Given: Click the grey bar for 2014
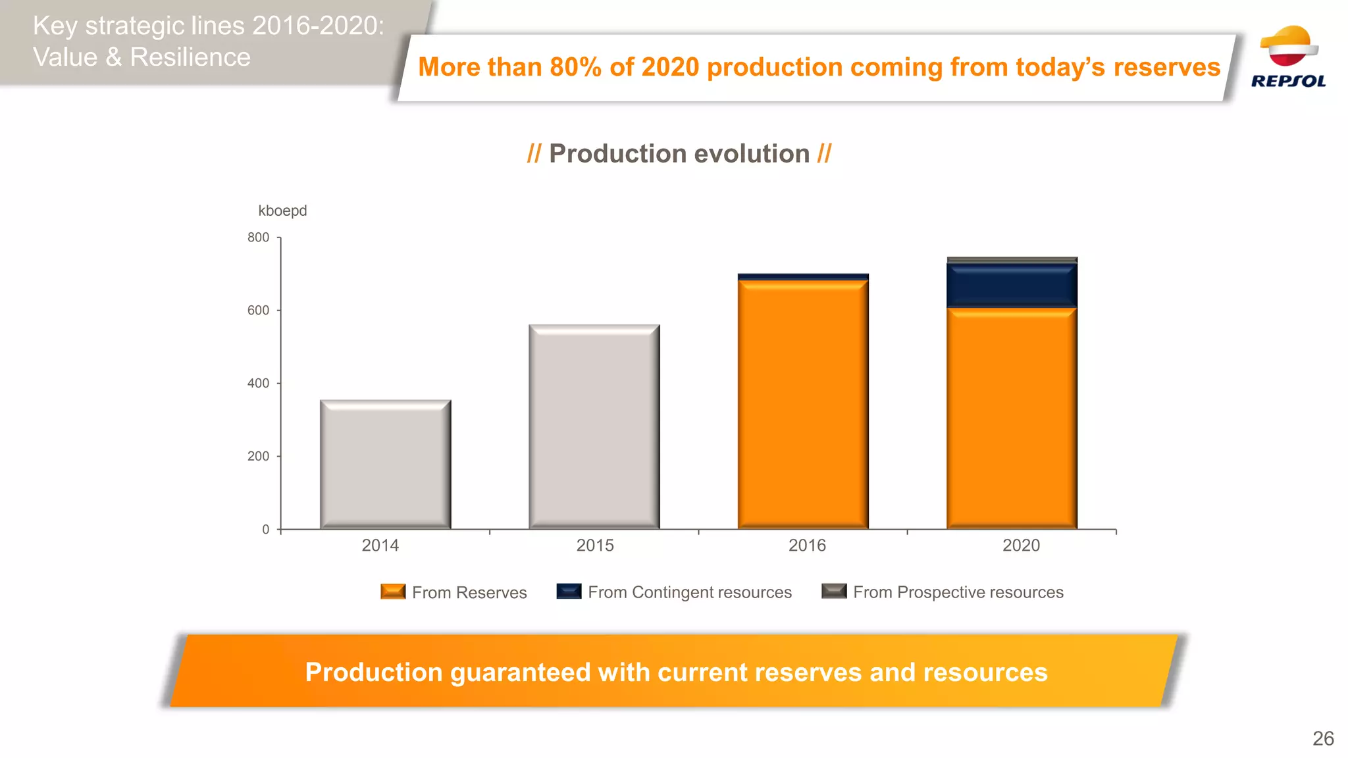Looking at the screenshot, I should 385,464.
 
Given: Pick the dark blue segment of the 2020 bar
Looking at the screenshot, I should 1012,286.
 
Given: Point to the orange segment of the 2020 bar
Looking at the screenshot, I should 1012,418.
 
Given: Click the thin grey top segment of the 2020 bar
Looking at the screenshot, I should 1012,260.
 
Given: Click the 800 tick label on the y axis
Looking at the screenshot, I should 258,238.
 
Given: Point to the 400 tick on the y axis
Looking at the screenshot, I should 258,384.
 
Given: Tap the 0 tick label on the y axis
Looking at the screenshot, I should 265,530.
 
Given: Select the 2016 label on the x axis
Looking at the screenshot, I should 807,545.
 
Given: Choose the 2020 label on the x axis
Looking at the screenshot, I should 1021,545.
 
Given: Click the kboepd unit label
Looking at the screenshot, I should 282,211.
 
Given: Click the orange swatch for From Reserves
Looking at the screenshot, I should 393,592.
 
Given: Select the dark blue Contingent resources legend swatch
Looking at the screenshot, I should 569,592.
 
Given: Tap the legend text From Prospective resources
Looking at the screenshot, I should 958,592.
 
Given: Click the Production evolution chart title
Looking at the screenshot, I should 679,154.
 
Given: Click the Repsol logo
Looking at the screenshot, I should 1288,57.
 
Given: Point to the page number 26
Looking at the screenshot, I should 1323,738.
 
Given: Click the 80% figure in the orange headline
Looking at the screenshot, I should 575,67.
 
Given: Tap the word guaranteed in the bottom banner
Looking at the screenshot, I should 521,672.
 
